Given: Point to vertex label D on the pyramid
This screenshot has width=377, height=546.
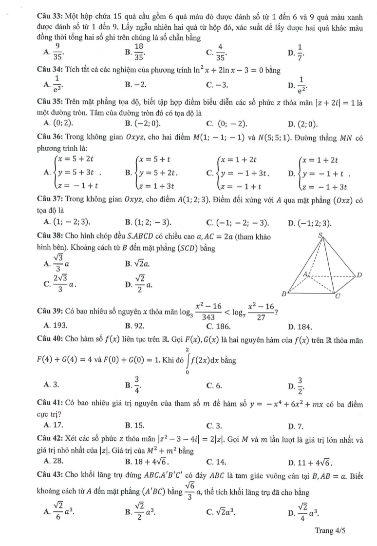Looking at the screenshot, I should [358, 275].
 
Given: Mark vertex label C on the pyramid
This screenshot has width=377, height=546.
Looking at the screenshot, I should [338, 296].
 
